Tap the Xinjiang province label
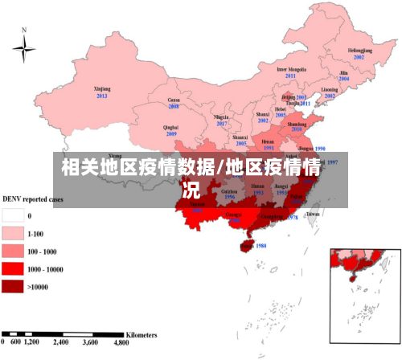102,89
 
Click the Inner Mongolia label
291,70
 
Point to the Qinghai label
170,127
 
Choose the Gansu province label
173,100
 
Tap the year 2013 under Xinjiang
102,96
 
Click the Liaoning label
330,89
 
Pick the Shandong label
297,125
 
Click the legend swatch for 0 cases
13,215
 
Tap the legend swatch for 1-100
13,233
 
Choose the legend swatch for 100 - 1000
13,251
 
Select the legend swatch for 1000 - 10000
13,268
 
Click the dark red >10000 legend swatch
13,286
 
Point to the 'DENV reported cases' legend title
31,198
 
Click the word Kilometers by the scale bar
141,332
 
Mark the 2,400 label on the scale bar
61,342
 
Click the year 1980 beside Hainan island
260,246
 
